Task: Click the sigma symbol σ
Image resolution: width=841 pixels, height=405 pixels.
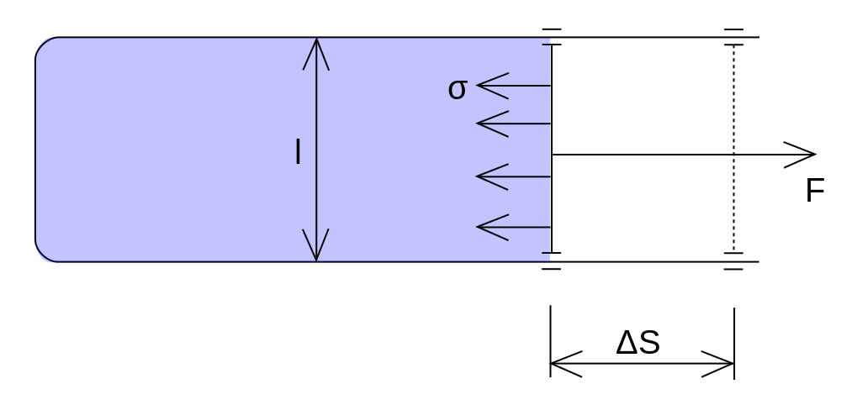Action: tap(458, 89)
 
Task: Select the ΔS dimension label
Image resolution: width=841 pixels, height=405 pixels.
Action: tap(637, 343)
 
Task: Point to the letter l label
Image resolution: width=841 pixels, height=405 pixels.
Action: tap(299, 151)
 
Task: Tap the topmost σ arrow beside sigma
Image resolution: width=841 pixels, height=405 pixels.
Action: tap(514, 86)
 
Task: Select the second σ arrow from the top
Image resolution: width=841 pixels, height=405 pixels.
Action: tap(514, 124)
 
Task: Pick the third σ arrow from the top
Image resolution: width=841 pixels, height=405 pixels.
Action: tap(514, 176)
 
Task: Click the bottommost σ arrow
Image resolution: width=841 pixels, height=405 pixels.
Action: tap(514, 227)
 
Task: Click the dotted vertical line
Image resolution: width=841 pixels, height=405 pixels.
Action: tap(733, 149)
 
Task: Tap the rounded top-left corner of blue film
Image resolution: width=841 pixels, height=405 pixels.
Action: tap(43, 45)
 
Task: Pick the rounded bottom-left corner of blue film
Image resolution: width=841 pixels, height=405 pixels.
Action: tap(43, 254)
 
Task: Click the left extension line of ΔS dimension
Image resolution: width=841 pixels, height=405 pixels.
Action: tap(550, 340)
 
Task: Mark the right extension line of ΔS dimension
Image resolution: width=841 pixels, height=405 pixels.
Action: tap(734, 344)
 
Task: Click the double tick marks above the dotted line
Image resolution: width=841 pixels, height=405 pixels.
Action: tap(733, 37)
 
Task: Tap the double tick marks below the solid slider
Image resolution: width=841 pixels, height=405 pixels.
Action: tap(552, 260)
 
